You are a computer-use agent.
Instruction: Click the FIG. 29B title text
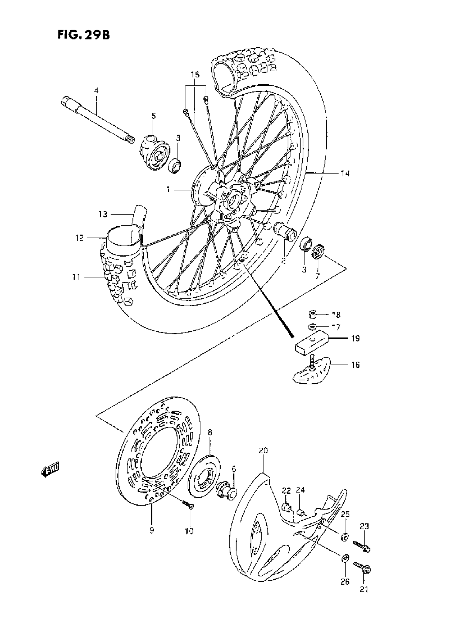(84, 35)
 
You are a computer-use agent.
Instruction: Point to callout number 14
(345, 173)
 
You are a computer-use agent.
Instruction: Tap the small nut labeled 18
(312, 315)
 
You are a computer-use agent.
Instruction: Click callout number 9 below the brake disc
(152, 530)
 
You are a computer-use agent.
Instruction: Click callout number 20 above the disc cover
(263, 451)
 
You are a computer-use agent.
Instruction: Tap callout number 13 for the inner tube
(103, 214)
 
